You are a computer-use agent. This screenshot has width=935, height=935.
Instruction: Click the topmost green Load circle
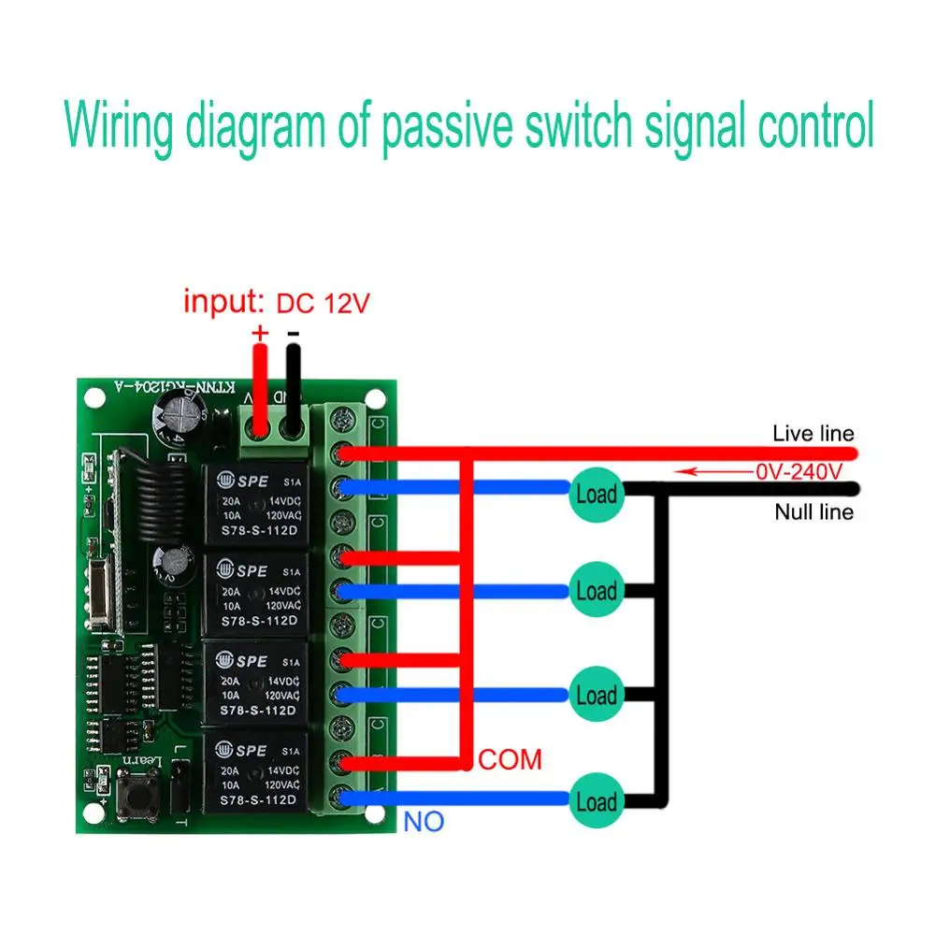coord(596,494)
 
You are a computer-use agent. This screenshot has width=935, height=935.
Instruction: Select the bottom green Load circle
coord(596,802)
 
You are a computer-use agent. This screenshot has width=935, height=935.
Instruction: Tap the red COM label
coord(510,759)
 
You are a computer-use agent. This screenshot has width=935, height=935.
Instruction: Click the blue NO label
coord(424,823)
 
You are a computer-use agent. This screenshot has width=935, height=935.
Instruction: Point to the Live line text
coord(813,434)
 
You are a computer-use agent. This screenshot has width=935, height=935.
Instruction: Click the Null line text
coord(813,512)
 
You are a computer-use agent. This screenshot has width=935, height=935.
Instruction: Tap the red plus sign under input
coord(259,333)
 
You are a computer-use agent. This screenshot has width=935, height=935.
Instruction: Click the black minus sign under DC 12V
coord(293,333)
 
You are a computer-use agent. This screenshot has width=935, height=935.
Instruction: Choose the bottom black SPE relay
coord(253,775)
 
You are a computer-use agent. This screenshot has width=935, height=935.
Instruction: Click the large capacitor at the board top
coord(177,416)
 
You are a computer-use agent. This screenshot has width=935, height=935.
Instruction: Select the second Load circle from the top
coord(596,591)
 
